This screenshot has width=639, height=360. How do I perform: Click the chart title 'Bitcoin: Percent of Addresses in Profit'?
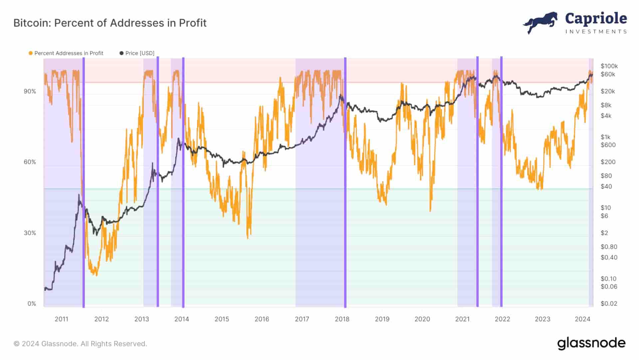pyautogui.click(x=110, y=23)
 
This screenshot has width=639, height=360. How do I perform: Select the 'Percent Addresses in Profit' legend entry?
pyautogui.click(x=66, y=53)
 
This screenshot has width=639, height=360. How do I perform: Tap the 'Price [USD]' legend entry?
pyautogui.click(x=137, y=53)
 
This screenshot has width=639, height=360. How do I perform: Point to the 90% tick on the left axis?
pyautogui.click(x=30, y=91)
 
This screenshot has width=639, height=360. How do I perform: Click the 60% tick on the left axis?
pyautogui.click(x=30, y=162)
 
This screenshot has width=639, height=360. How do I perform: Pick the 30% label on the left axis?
pyautogui.click(x=30, y=233)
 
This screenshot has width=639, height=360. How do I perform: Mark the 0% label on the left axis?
pyautogui.click(x=32, y=304)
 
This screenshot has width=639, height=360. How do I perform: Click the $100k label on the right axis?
pyautogui.click(x=609, y=66)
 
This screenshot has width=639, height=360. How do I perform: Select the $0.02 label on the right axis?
pyautogui.click(x=609, y=304)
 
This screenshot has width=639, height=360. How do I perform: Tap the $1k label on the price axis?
pyautogui.click(x=605, y=137)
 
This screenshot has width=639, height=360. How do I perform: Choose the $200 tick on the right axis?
pyautogui.click(x=608, y=162)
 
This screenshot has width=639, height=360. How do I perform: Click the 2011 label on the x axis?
pyautogui.click(x=61, y=319)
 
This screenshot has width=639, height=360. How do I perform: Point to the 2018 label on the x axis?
pyautogui.click(x=342, y=319)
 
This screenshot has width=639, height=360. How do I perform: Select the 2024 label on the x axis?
pyautogui.click(x=582, y=319)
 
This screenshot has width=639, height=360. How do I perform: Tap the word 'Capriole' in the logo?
pyautogui.click(x=596, y=19)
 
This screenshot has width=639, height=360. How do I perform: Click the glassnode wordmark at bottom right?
pyautogui.click(x=591, y=343)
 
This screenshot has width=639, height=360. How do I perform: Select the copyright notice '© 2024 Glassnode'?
pyautogui.click(x=80, y=344)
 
